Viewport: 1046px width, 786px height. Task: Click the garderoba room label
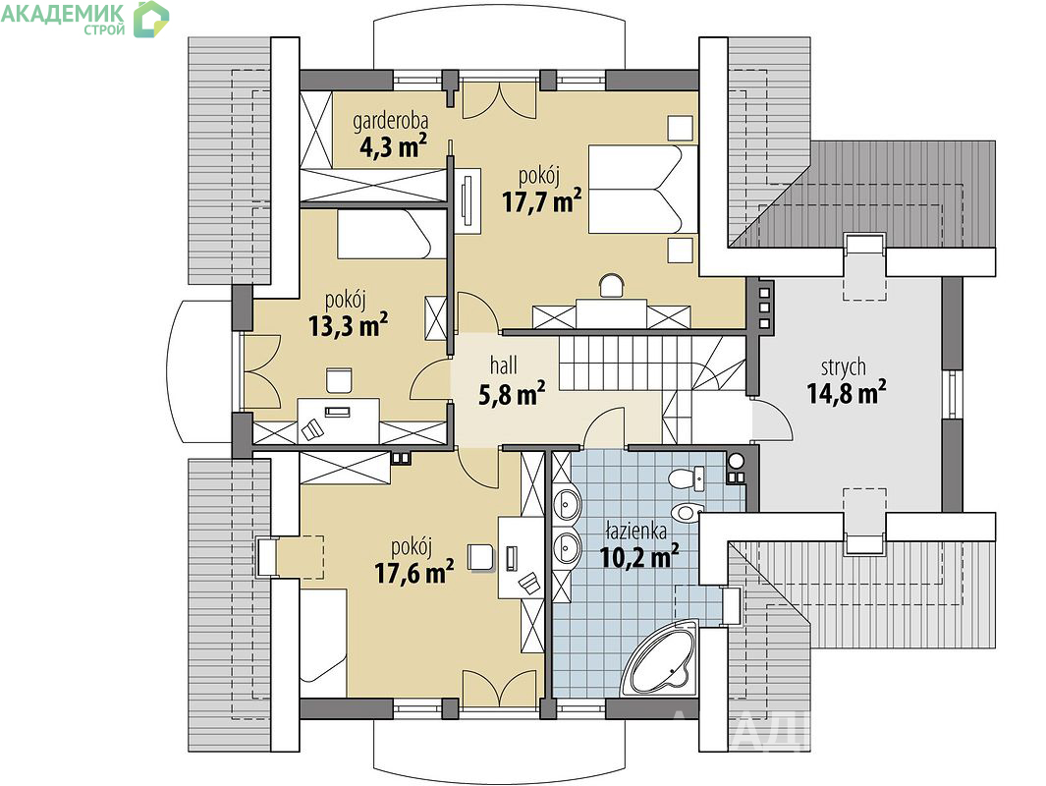tap(390, 122)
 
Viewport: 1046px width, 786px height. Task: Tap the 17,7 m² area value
tap(542, 200)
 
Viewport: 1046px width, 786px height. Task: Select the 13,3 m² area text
tap(349, 325)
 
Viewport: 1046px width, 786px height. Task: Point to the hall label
tap(504, 365)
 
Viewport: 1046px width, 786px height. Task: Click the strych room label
tap(844, 367)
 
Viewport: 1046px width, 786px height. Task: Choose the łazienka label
tap(635, 532)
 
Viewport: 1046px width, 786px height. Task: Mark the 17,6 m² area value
tap(414, 572)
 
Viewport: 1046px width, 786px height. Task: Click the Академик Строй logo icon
tap(151, 19)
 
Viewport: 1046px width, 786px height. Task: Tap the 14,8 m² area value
tap(847, 392)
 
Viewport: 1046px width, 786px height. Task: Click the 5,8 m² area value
tap(512, 394)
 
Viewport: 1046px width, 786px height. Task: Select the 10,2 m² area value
tap(639, 555)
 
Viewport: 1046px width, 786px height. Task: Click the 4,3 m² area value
tap(393, 145)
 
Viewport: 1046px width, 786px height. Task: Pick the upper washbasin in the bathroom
tap(567, 504)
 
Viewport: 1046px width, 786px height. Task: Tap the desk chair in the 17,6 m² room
tap(480, 557)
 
